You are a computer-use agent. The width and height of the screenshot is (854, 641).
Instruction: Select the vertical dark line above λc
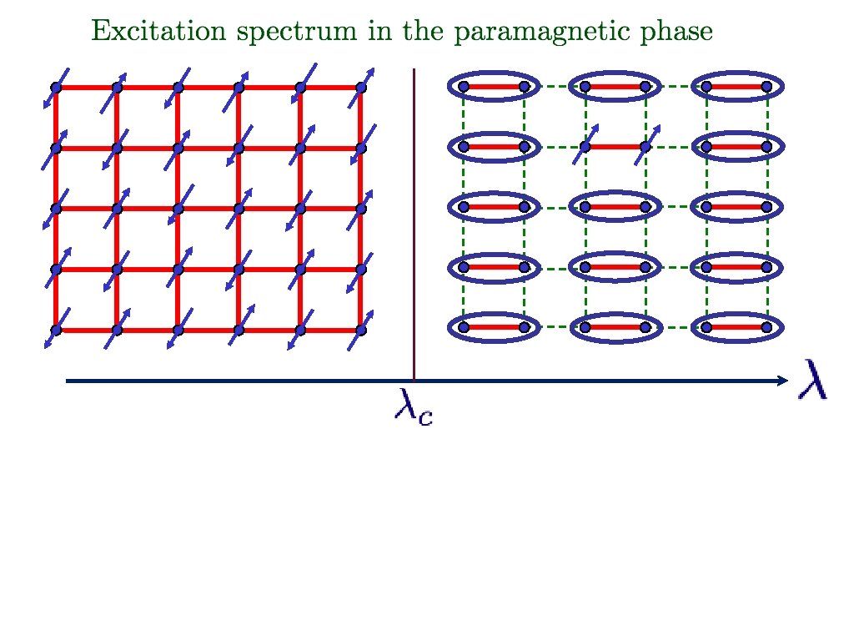click(414, 225)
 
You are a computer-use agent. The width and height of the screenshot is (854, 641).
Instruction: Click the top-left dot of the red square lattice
click(56, 88)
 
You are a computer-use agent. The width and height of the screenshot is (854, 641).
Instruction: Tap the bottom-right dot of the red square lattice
click(361, 331)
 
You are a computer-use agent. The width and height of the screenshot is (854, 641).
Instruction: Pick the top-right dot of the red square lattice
click(361, 87)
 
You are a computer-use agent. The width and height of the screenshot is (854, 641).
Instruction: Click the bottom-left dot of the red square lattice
click(56, 331)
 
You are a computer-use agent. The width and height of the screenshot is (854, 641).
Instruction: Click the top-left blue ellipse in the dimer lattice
click(494, 86)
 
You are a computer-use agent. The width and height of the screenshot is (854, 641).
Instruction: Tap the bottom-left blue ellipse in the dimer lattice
click(494, 327)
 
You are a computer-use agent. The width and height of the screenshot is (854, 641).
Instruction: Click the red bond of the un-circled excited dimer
click(615, 147)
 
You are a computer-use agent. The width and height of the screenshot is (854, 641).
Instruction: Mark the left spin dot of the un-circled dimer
click(585, 147)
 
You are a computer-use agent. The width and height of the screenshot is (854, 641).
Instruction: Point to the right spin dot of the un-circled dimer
click(646, 147)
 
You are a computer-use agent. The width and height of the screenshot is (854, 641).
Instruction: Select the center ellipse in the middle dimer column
click(615, 207)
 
